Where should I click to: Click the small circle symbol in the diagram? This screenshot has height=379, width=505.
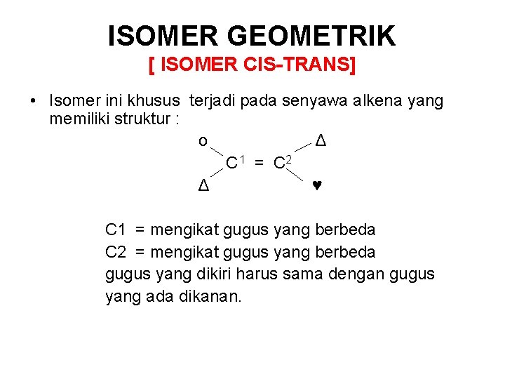[203, 142]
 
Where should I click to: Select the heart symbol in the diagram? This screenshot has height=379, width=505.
[317, 187]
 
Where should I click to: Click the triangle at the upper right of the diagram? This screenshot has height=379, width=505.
[320, 140]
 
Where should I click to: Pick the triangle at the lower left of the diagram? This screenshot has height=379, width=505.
[203, 187]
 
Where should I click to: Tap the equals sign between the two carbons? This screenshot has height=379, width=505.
[259, 164]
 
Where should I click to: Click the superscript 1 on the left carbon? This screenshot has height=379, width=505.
[241, 159]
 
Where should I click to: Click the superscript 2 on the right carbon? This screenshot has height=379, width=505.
[288, 159]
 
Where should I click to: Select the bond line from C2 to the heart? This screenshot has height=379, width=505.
[302, 175]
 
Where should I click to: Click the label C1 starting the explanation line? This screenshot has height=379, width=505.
[115, 230]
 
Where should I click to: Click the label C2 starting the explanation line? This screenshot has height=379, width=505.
[115, 252]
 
